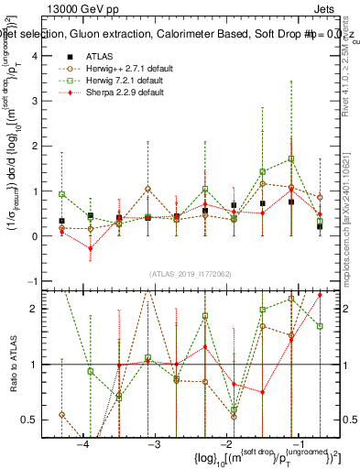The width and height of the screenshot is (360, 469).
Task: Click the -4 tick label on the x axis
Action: (x=83, y=443)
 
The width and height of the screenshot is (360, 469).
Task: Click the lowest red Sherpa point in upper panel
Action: (x=91, y=248)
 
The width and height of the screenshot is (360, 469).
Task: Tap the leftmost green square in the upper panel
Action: (x=62, y=194)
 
